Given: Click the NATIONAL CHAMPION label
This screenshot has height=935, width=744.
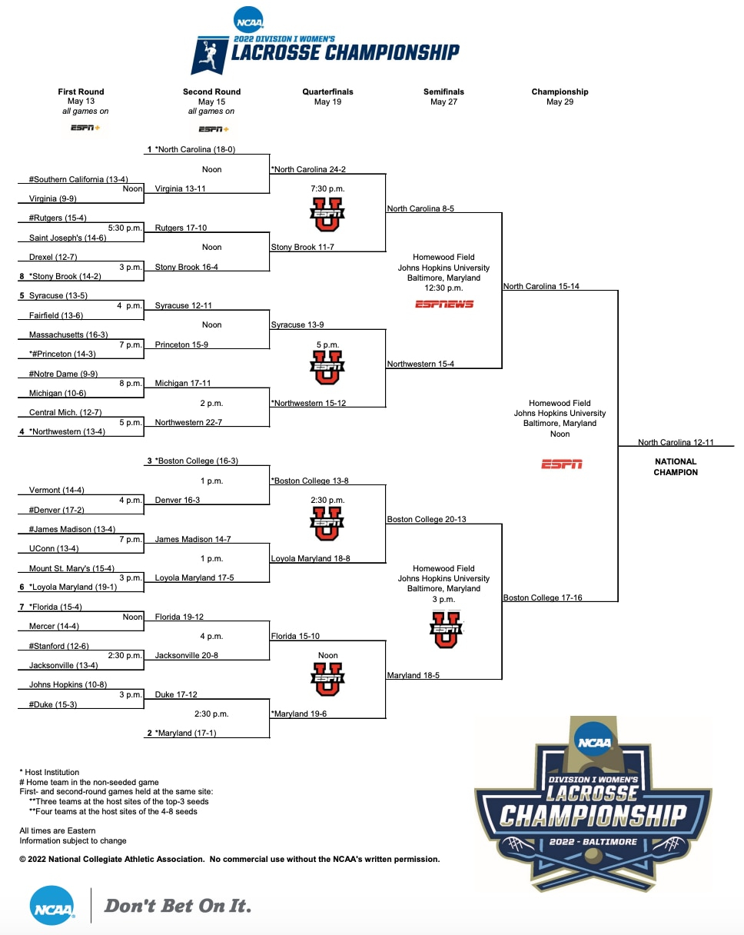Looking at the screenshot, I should click(x=676, y=467).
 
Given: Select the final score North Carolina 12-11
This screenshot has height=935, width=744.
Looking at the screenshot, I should click(x=676, y=442).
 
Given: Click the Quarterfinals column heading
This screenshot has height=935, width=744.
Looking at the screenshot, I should click(x=327, y=92).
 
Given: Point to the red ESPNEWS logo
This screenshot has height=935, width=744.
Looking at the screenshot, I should click(x=443, y=304).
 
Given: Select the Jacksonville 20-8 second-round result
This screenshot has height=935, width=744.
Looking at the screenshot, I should click(x=186, y=656).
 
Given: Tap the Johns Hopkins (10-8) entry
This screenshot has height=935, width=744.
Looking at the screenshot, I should click(x=68, y=684).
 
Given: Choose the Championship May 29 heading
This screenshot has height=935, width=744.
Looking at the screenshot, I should click(x=560, y=96).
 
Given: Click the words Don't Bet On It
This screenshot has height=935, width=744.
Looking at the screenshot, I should click(x=178, y=906).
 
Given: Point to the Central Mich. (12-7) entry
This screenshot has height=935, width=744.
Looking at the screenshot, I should click(x=65, y=412).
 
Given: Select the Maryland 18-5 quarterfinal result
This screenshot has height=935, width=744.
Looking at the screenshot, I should click(x=413, y=675).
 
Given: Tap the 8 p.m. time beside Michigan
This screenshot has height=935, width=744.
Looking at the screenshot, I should click(x=131, y=383).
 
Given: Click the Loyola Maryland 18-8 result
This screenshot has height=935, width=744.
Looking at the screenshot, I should click(x=311, y=558).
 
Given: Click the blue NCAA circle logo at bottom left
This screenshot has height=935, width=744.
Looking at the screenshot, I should click(x=53, y=905).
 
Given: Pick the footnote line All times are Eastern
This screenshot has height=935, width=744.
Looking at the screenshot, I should click(x=58, y=830).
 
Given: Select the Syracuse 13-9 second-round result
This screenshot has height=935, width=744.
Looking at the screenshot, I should click(x=297, y=324).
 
